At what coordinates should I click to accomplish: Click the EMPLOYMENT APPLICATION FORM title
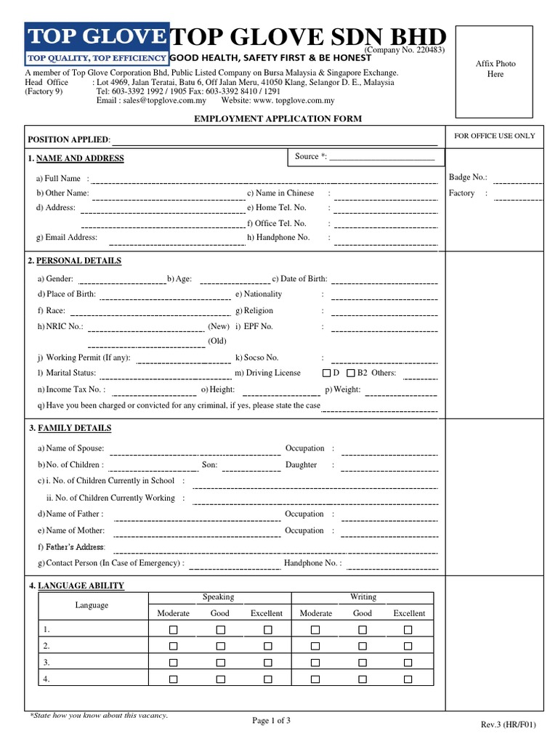[x=278, y=118]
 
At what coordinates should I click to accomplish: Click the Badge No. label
[x=468, y=177]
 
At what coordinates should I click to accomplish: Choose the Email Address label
[x=70, y=238]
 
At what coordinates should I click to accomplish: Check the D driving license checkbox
[x=326, y=373]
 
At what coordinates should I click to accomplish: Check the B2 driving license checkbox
[x=351, y=373]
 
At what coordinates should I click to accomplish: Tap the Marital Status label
[x=70, y=373]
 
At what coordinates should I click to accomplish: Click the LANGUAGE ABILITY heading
[x=80, y=586]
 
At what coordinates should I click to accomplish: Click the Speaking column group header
[x=218, y=597]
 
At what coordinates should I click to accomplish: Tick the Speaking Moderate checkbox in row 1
[x=173, y=629]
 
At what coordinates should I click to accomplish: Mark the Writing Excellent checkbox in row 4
[x=408, y=679]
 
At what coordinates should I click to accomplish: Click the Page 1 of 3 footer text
[x=271, y=721]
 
